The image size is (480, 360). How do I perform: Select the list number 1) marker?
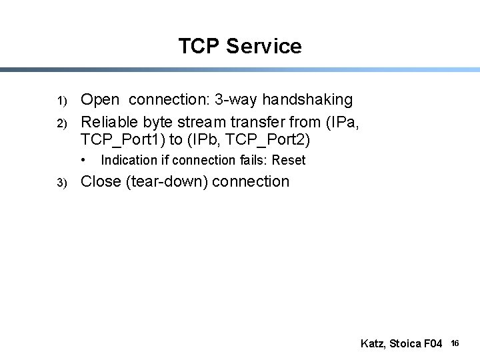pos(61,101)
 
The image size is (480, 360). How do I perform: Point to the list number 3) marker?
pos(61,183)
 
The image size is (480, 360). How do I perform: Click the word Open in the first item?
pos(100,100)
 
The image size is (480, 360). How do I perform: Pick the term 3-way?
pos(237,100)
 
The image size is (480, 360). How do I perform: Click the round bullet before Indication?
pos(84,160)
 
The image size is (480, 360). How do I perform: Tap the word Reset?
pos(289,160)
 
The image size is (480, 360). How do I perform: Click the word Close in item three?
pos(101,181)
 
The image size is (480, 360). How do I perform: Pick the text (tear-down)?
pos(166,181)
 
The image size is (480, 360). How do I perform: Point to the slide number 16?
pos(455,343)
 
